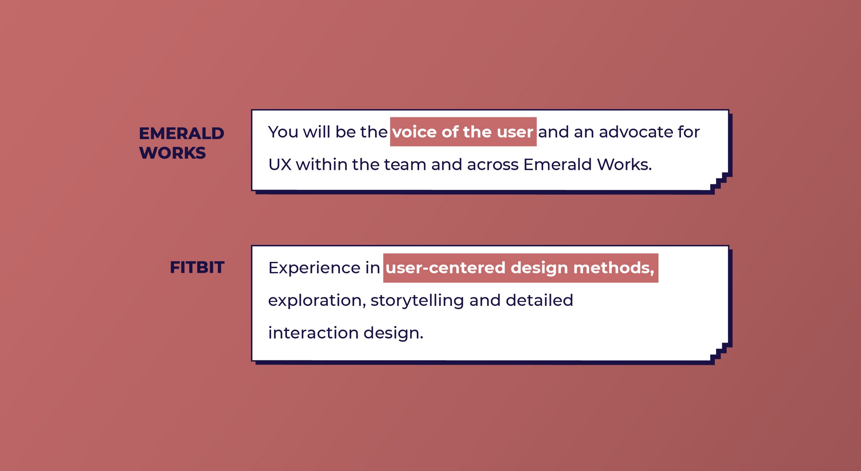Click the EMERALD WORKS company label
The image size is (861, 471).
[x=182, y=143]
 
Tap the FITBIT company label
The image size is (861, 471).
[x=197, y=267]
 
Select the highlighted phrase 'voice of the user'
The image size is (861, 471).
[x=463, y=132]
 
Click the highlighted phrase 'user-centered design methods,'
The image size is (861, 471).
[x=521, y=268]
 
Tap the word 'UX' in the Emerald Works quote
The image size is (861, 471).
[x=280, y=164]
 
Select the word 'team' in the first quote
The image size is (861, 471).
[x=405, y=164]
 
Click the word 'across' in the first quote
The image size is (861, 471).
[x=493, y=165]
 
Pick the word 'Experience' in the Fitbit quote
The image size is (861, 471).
[x=314, y=268]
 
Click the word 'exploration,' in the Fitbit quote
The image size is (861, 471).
[x=317, y=300]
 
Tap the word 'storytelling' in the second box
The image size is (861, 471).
[x=417, y=300]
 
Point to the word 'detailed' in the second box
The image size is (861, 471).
[x=539, y=300]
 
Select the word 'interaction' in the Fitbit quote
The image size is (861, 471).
[x=313, y=333]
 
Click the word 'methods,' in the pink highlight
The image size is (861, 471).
[x=614, y=268]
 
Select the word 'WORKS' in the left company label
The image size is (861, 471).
[x=172, y=153]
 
